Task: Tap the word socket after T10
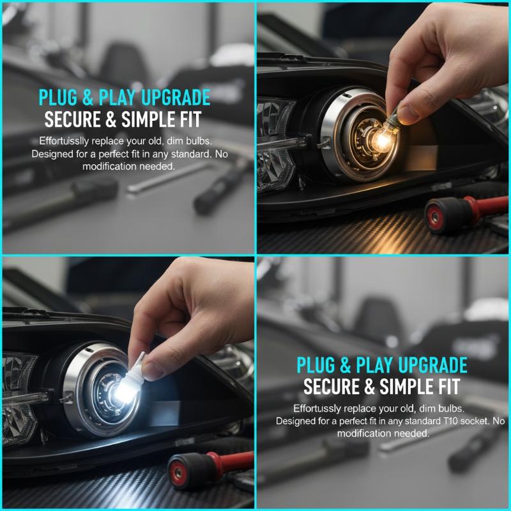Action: coord(475,421)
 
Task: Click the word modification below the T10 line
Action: coord(363,434)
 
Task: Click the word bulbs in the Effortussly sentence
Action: coord(452,408)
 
